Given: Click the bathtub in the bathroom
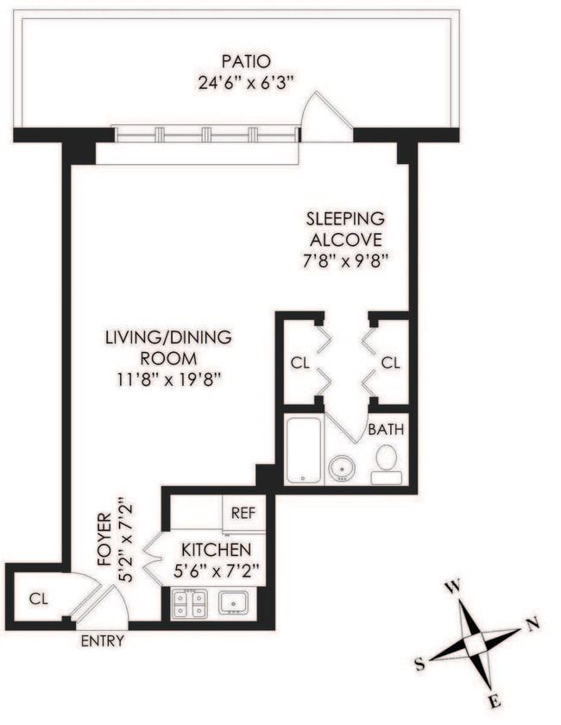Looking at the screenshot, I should pos(304,451).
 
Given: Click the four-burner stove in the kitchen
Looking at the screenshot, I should pos(189,603).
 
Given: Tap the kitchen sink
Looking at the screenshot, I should pos(233,602).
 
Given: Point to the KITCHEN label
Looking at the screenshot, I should pos(216,550).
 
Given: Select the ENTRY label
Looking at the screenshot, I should pos(103,641).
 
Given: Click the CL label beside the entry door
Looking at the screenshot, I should pos(36,596).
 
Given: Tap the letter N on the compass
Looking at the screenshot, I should pos(533,624).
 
